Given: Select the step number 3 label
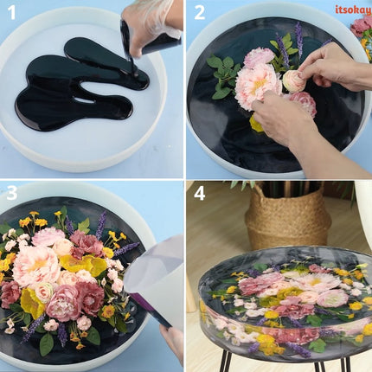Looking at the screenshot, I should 12,193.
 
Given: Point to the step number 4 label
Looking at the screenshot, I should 200,193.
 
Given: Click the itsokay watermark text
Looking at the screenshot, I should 352,10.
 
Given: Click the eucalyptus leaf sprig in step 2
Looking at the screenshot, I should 221,74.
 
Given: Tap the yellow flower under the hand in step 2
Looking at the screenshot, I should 257,124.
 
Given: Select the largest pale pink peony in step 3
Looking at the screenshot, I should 36,264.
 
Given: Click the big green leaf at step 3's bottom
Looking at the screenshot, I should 46,343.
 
